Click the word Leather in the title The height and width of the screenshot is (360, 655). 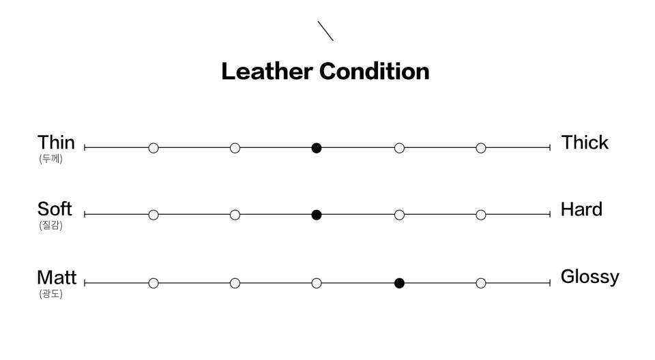[267, 72]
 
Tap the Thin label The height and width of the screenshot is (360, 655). [56, 142]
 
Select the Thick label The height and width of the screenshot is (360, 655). [585, 142]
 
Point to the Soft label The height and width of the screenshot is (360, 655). [55, 209]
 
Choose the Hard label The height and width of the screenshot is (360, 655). [581, 209]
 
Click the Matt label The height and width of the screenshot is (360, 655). [57, 277]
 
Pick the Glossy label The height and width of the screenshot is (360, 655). [589, 277]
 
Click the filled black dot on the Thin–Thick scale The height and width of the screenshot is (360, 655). [317, 148]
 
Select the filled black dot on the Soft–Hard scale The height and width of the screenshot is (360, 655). [317, 215]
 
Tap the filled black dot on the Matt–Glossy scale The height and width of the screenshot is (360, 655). [399, 283]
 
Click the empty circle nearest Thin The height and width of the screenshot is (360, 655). [154, 148]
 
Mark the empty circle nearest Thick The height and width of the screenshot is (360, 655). [481, 148]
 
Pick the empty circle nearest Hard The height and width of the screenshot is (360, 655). [481, 215]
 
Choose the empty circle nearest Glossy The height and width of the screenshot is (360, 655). [481, 283]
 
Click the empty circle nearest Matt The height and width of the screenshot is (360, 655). [154, 283]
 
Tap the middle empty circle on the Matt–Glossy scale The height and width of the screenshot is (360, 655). [317, 283]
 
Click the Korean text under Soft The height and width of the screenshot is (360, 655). [50, 226]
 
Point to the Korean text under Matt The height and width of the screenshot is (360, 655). [50, 295]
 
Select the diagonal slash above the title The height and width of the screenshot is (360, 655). [325, 31]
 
